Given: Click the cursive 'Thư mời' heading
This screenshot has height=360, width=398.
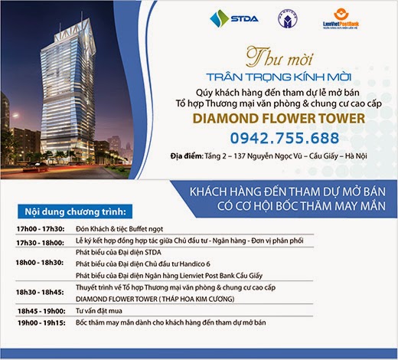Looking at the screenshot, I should pyautogui.click(x=277, y=57).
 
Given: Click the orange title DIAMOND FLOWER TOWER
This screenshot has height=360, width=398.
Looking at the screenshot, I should pyautogui.click(x=277, y=119).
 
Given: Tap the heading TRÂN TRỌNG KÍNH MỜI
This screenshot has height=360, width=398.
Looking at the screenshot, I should pyautogui.click(x=277, y=75).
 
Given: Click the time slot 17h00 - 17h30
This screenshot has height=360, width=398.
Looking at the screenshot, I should pyautogui.click(x=34, y=229).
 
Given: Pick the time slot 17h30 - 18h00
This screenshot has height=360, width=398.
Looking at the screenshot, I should pyautogui.click(x=34, y=242).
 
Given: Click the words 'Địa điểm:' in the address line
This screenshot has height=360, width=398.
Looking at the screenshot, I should pyautogui.click(x=191, y=156).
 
